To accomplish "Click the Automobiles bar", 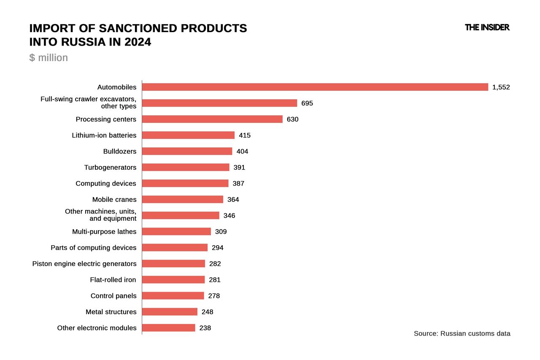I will [315, 87].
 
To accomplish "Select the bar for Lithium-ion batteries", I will [188, 135].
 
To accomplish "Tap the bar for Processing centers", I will [212, 119].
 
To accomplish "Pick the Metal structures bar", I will [170, 311].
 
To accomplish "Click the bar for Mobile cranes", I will [182, 199].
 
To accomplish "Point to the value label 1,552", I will [501, 87].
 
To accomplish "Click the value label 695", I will [307, 103].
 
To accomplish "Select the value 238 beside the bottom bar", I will [205, 328].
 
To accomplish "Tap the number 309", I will [221, 232].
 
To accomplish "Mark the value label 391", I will [239, 168].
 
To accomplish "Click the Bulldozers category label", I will [120, 151].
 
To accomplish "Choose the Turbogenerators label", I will [110, 168].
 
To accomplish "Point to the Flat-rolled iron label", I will [113, 279].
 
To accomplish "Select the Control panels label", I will [113, 296].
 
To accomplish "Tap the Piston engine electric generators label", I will [84, 264].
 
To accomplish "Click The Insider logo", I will [487, 27].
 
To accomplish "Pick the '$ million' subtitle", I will [49, 57].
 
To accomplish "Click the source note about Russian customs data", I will [462, 333].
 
